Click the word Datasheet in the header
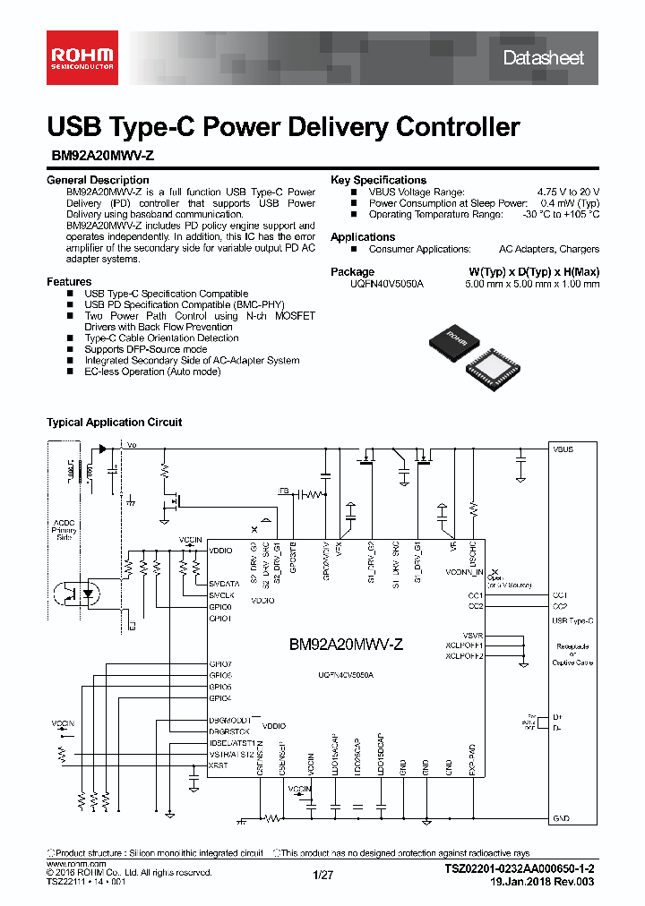click(x=543, y=58)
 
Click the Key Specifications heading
click(x=378, y=180)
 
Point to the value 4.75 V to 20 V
click(x=568, y=192)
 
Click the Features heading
click(x=69, y=282)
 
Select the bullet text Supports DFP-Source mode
click(x=145, y=349)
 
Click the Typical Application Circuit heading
click(x=114, y=422)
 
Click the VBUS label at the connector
click(x=563, y=449)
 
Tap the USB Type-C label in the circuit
click(x=572, y=620)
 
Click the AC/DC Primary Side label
click(x=64, y=530)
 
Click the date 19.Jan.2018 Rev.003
click(x=544, y=882)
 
